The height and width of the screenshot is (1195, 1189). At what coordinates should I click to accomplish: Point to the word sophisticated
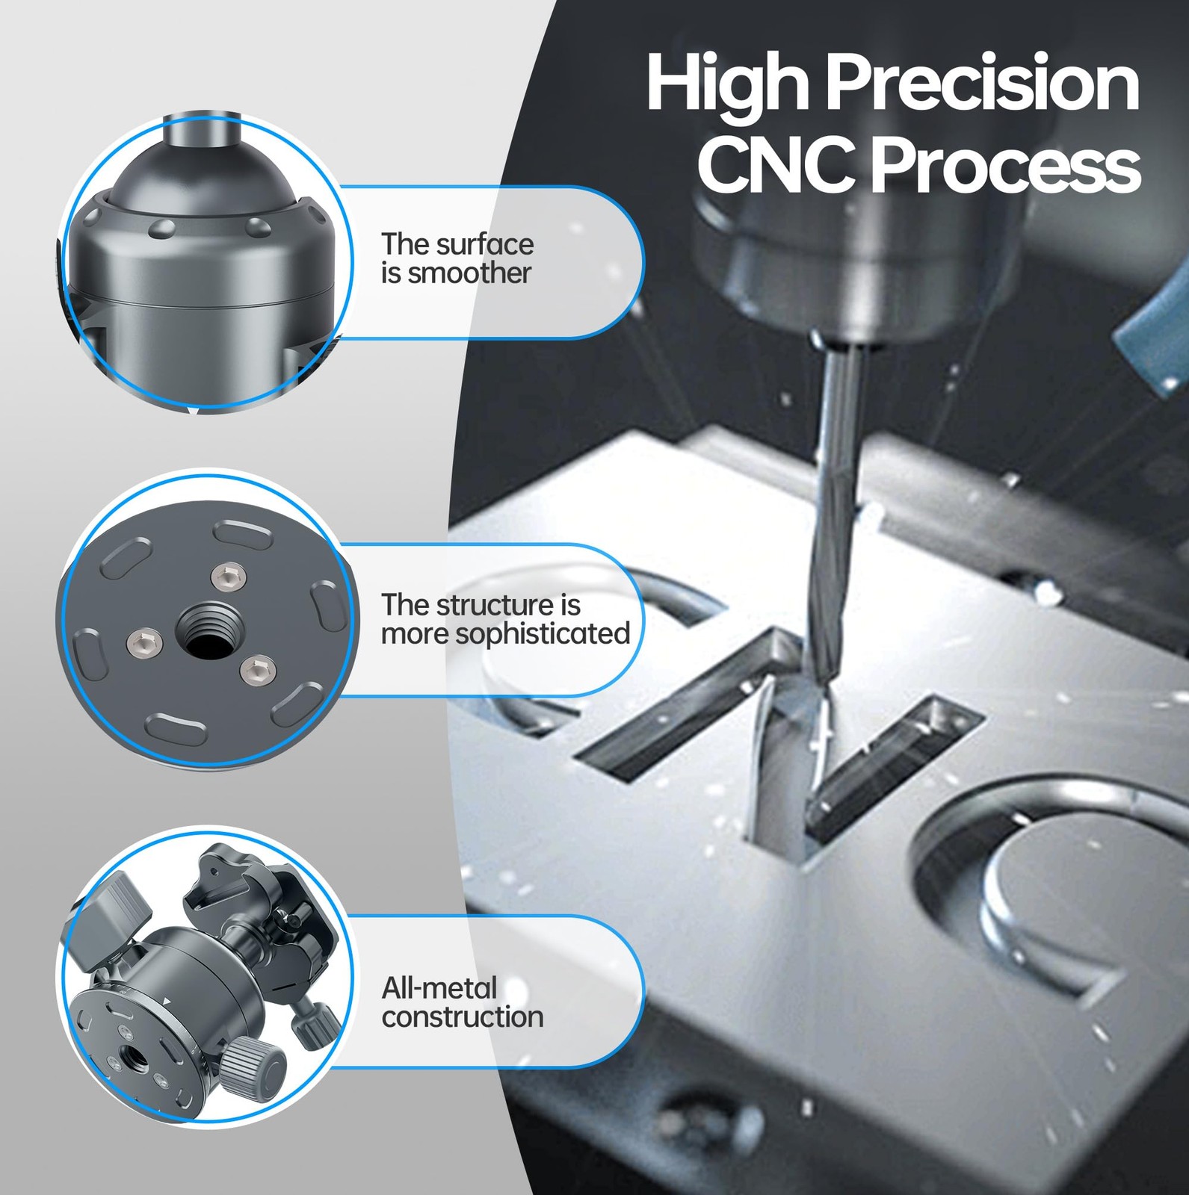tap(543, 635)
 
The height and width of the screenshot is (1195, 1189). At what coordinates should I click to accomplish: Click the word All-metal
tap(439, 988)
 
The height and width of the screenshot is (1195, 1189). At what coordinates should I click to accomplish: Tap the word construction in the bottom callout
tap(463, 1017)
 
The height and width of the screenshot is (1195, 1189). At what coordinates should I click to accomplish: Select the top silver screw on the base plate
tap(227, 576)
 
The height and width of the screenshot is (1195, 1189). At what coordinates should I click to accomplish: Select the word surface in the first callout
tap(484, 244)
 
